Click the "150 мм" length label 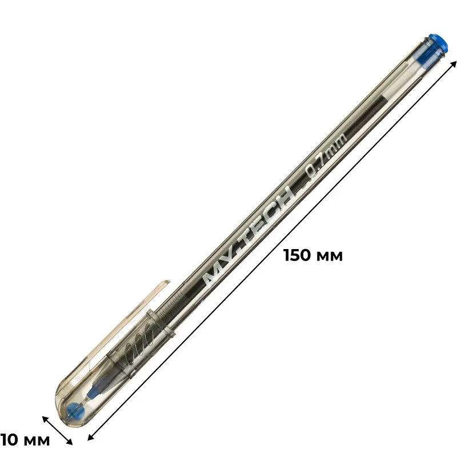point(313,255)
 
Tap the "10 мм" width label point(25,440)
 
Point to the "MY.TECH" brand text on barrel point(248,235)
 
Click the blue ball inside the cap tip point(75,410)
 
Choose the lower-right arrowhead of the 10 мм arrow point(69,440)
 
